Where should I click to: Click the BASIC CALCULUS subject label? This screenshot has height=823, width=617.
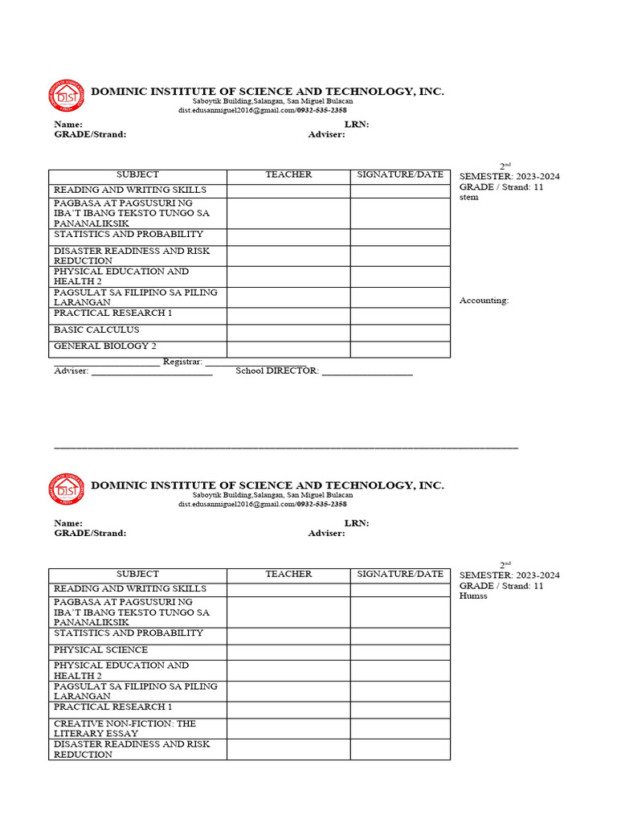point(96,330)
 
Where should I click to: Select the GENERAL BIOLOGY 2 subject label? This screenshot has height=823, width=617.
point(104,346)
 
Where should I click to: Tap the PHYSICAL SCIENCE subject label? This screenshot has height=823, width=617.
point(100,649)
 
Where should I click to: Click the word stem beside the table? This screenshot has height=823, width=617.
point(468,198)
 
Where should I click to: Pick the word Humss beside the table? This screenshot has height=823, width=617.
point(473,596)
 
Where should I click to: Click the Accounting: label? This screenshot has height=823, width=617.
point(484,301)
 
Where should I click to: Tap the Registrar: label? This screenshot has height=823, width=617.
point(182,362)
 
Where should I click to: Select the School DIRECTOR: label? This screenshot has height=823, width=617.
point(277,371)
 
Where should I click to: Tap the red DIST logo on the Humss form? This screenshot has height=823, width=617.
point(66,489)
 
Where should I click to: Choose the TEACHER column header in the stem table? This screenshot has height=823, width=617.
point(288,174)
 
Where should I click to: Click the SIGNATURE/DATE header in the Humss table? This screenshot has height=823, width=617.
point(399,574)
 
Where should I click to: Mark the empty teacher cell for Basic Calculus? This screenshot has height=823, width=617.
point(288,332)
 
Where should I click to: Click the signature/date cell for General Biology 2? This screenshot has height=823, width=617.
point(399,349)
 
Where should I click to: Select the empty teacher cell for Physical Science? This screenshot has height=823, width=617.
point(288,652)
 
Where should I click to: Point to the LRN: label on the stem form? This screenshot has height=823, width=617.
point(356,125)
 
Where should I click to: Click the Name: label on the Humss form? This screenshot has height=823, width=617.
point(68,523)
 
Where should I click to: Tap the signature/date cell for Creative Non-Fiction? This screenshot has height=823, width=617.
point(399,729)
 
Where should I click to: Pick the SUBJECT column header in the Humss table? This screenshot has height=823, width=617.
point(137,574)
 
